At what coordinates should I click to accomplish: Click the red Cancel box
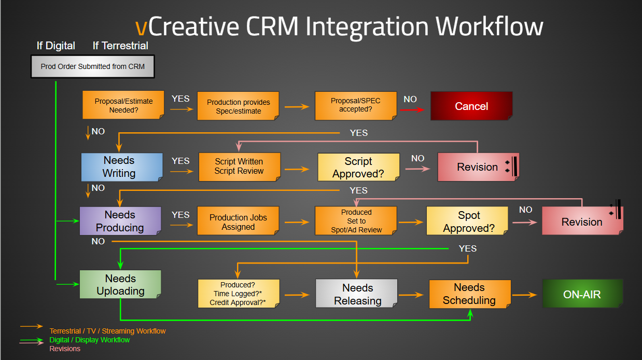tap(471, 106)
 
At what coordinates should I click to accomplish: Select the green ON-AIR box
tap(583, 294)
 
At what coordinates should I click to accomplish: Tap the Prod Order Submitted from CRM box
tap(93, 66)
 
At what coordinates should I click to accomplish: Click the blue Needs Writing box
tap(122, 167)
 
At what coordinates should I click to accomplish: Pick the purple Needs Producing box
tap(120, 221)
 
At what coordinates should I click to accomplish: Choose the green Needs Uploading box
tap(120, 284)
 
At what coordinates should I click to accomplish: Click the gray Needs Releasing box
tap(357, 294)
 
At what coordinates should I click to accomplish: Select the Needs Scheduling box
tap(470, 294)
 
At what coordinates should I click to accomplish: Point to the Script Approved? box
tap(358, 167)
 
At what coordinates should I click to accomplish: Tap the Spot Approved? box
tap(467, 221)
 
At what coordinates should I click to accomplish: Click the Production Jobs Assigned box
tap(238, 221)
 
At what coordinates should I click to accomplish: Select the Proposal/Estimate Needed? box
tap(123, 105)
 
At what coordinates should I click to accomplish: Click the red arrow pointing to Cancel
tap(412, 110)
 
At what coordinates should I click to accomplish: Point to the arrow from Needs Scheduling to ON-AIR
tap(524, 295)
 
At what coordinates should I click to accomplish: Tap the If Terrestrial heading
tap(120, 46)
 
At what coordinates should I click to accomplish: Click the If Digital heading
tap(56, 46)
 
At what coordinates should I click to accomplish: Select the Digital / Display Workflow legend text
tap(89, 340)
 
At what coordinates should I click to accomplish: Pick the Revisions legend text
tap(65, 349)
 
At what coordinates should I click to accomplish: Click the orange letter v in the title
tap(141, 27)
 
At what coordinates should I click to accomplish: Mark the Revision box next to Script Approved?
tap(478, 167)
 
